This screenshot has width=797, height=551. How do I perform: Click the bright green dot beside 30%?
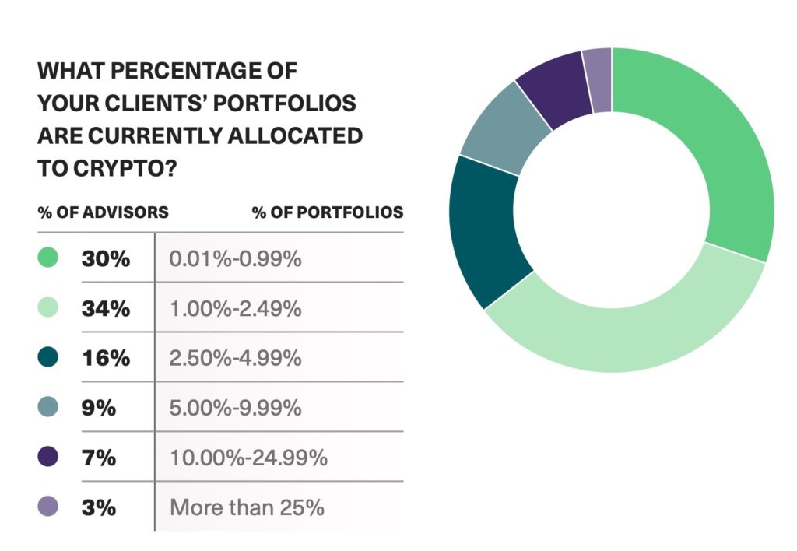(47, 258)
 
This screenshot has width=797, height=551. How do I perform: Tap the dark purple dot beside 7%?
(47, 457)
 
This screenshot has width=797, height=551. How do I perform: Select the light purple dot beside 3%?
(47, 507)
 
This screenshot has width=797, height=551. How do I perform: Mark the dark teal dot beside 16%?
(47, 357)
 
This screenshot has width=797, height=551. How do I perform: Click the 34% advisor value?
(105, 308)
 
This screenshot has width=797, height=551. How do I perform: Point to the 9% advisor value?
(99, 408)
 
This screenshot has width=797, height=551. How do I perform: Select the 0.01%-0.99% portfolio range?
(235, 258)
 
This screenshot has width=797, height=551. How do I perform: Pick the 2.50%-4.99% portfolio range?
(235, 358)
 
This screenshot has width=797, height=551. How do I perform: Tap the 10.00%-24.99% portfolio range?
(248, 458)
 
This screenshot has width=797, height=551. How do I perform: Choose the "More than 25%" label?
(247, 507)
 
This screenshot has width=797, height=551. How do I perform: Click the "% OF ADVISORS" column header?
(103, 212)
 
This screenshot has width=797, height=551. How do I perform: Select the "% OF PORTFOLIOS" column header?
(328, 212)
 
